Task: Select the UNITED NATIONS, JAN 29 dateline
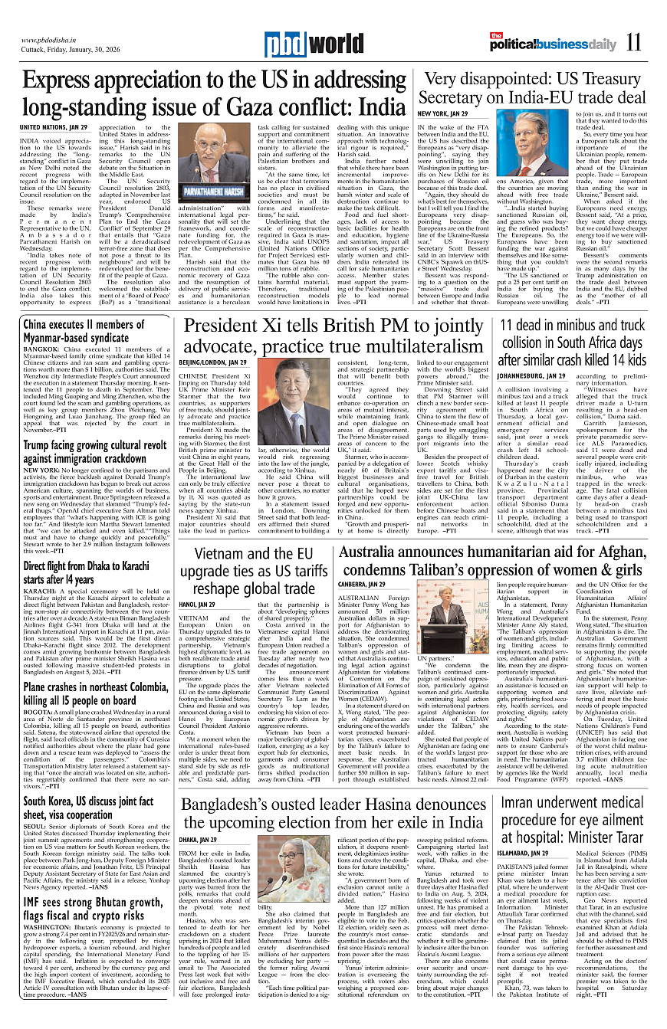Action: click(x=54, y=126)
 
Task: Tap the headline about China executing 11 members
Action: click(x=77, y=331)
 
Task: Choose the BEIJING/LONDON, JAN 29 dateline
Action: click(x=212, y=361)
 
